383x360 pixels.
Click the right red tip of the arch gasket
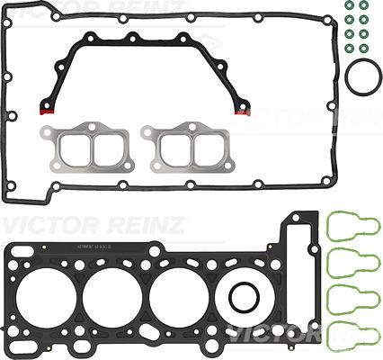241,112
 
